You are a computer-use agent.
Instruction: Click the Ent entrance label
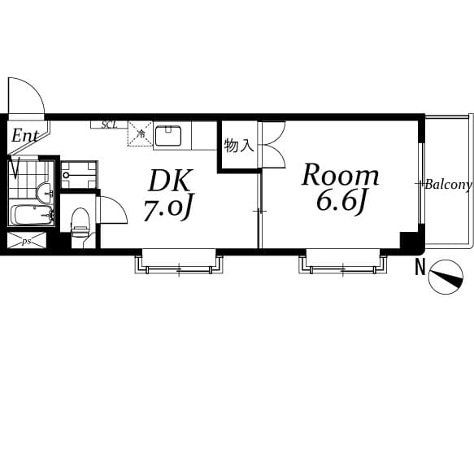(25, 136)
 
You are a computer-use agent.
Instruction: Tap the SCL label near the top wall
(109, 125)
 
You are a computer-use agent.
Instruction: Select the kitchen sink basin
(168, 136)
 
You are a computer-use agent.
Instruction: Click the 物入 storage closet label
(238, 146)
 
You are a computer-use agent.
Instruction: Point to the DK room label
(171, 181)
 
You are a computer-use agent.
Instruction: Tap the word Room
(341, 175)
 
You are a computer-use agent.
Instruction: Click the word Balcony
(448, 184)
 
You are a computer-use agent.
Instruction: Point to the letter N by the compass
(420, 268)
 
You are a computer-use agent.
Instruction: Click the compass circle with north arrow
(446, 277)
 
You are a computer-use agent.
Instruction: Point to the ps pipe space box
(27, 241)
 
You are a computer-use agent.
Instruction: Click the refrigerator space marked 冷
(141, 133)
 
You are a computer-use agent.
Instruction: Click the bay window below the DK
(179, 261)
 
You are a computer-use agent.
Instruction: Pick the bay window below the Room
(343, 261)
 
